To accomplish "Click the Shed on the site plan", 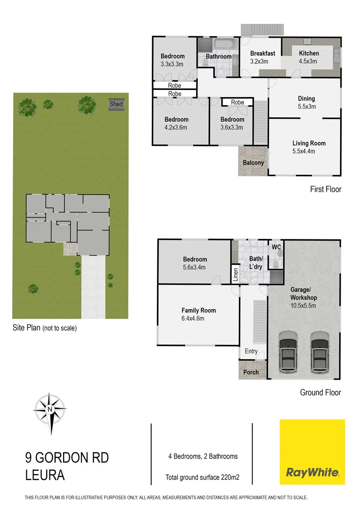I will [x=116, y=104].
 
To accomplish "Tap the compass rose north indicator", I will [x=49, y=409].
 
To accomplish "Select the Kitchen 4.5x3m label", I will [x=309, y=57].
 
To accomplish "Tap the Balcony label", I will [x=253, y=163].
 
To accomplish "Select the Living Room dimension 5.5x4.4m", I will [x=309, y=151].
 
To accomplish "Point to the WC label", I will [x=276, y=246].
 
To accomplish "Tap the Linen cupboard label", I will [x=236, y=275].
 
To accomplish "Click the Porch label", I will [x=251, y=372].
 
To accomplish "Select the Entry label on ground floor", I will [x=251, y=351].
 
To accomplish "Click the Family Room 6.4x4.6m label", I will [x=198, y=314].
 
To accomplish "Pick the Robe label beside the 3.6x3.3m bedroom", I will [x=237, y=102].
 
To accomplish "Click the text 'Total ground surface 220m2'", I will [x=203, y=477].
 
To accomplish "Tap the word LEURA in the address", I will [x=45, y=476].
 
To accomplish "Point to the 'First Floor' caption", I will [x=325, y=189].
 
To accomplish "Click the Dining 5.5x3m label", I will [x=306, y=102].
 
